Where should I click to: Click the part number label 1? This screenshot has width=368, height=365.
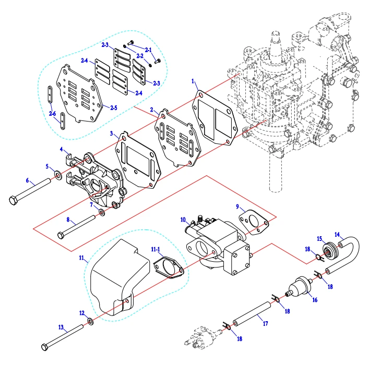pyautogui.click(x=193, y=81)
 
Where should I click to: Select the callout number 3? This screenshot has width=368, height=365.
pyautogui.click(x=112, y=133)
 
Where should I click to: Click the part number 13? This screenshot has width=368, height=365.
pyautogui.click(x=61, y=327)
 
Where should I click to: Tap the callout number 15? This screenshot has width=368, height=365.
pyautogui.click(x=320, y=239)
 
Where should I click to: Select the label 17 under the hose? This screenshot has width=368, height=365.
pyautogui.click(x=265, y=324)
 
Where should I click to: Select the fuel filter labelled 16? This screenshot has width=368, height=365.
pyautogui.click(x=301, y=286)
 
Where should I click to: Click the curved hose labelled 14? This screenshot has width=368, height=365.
pyautogui.click(x=355, y=253)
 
